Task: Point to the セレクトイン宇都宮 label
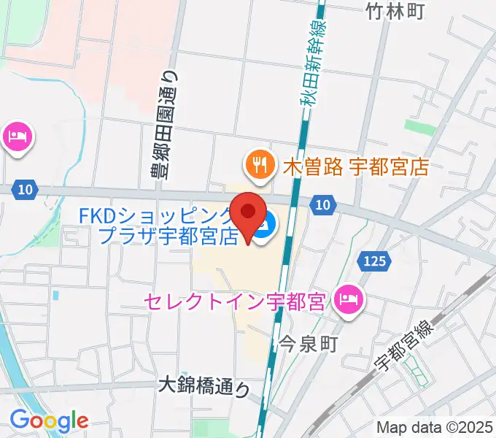234,301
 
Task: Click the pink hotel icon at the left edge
16,137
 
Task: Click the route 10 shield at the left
25,189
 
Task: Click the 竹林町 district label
395,11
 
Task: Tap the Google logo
49,420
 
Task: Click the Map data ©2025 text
435,428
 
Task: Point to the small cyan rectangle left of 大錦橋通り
55,295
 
